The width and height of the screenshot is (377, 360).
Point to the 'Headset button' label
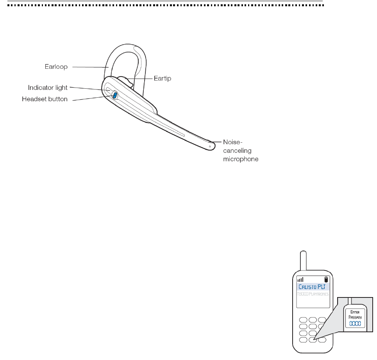45,99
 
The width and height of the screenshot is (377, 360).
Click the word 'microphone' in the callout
240,159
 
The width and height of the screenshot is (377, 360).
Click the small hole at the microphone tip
210,147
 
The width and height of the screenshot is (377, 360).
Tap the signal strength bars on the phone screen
300,279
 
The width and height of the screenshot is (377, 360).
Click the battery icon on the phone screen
326,279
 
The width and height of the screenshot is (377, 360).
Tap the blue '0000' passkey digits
355,324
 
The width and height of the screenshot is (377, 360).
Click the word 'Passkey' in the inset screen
355,317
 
